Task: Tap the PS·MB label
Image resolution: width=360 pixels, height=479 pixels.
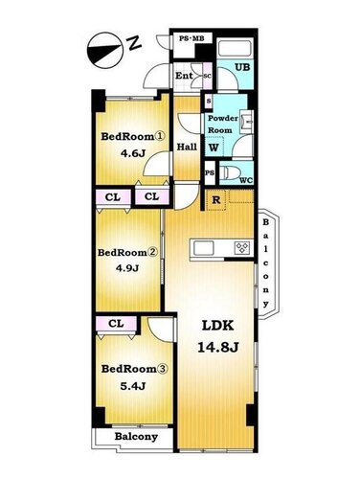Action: point(191,38)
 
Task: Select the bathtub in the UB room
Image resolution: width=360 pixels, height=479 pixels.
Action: point(236,49)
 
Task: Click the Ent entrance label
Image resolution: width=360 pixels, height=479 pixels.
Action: point(184,76)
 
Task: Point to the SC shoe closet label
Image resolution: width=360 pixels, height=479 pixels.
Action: point(208,76)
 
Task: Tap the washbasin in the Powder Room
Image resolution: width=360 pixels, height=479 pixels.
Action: point(246,122)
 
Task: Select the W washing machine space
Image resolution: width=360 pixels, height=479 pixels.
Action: point(214,147)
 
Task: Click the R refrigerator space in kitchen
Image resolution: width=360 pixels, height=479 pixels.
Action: point(216,200)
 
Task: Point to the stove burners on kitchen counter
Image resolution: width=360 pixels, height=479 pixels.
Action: point(242,248)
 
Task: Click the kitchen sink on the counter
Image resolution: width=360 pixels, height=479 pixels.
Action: point(203,248)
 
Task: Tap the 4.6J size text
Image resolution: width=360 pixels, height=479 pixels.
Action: point(133,153)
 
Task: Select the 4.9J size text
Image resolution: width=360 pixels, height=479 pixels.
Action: point(127,268)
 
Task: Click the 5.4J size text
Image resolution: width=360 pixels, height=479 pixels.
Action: point(133,386)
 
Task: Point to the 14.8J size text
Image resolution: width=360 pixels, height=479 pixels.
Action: point(218,347)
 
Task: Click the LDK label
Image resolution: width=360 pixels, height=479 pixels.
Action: point(218,326)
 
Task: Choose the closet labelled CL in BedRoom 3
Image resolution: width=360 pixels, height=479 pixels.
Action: point(116,324)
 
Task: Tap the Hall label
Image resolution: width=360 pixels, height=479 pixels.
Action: point(187,147)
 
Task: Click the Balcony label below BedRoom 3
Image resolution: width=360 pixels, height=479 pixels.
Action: point(136,437)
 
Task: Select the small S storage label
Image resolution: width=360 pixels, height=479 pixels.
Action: point(209,101)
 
